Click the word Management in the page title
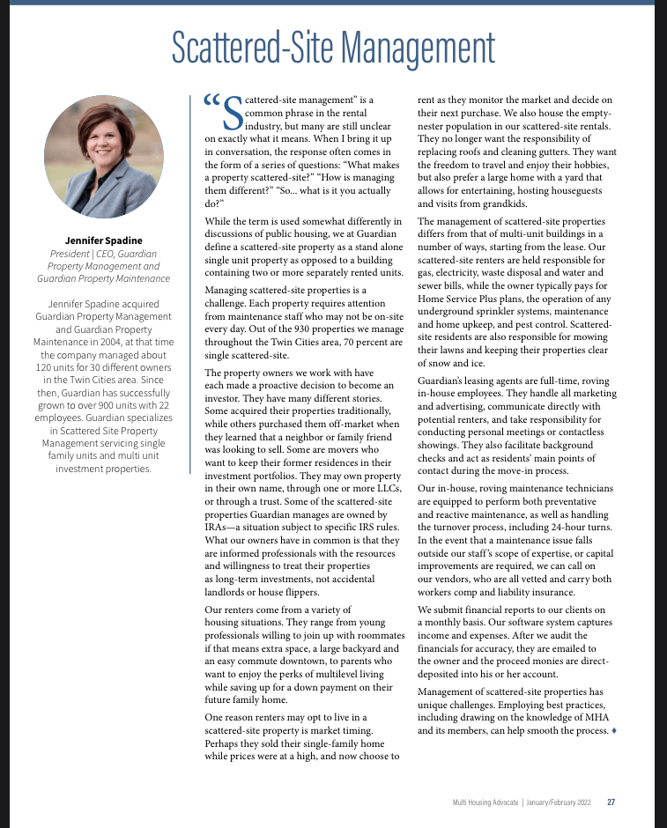click(x=412, y=49)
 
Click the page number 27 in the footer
click(x=611, y=802)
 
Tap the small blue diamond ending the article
click(x=613, y=731)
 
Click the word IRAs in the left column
click(x=218, y=526)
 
